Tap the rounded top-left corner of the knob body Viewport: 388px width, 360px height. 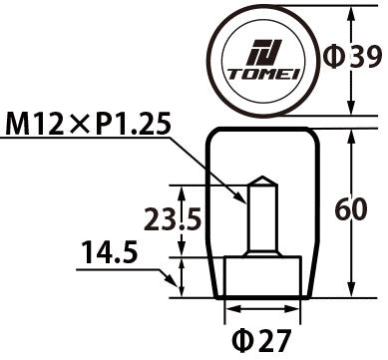pyautogui.click(x=211, y=135)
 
